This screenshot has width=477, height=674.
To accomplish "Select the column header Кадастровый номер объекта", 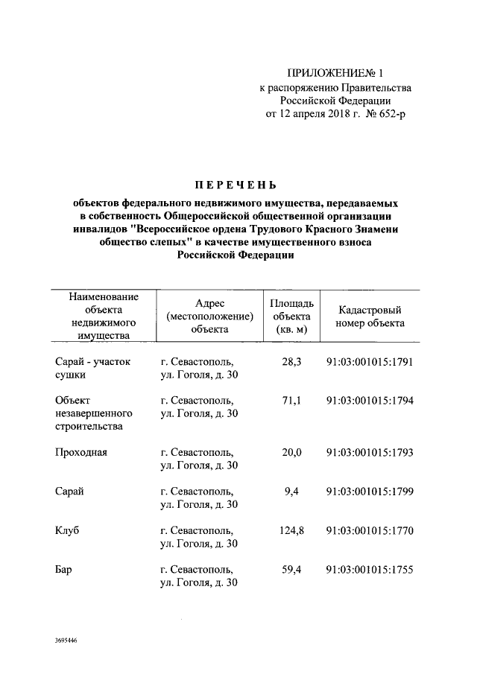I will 370,317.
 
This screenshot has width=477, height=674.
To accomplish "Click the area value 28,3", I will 291,362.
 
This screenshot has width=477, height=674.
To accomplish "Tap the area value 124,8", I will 289,531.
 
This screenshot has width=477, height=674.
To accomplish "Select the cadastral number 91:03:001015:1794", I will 370,401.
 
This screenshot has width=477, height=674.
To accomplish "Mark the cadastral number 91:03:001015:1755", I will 370,570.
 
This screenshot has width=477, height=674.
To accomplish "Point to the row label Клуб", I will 68,531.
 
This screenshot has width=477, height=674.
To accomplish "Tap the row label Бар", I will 64,570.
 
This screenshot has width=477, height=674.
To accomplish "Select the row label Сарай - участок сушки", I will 92,369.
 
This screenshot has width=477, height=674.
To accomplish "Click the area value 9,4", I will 292,492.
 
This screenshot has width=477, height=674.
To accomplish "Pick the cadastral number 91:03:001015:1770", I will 370,531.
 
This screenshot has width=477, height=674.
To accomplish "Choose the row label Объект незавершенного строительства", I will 94,413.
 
